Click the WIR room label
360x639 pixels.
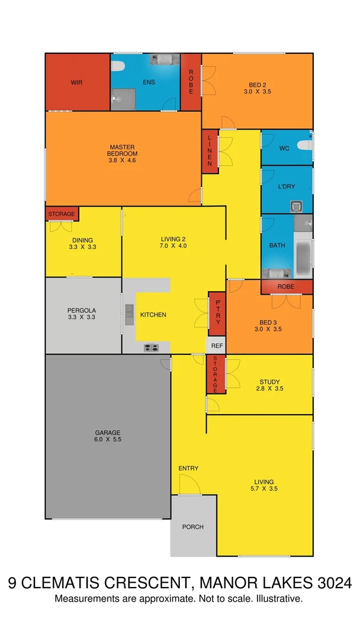(76, 82)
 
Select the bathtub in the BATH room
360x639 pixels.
(303, 253)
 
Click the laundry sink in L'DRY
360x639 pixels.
(297, 206)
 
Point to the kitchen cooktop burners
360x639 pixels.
(151, 348)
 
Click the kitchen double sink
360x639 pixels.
(130, 315)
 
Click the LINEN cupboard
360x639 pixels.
(210, 151)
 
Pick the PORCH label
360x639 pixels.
(193, 527)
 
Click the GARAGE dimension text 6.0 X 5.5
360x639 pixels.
(107, 440)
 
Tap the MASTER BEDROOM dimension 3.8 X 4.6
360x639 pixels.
(123, 160)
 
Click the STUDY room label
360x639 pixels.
(269, 382)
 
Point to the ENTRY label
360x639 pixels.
(188, 469)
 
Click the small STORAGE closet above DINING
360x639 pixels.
(62, 214)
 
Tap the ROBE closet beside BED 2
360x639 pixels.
(191, 82)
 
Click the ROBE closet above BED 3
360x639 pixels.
(287, 286)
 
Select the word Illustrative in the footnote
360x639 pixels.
(278, 599)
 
